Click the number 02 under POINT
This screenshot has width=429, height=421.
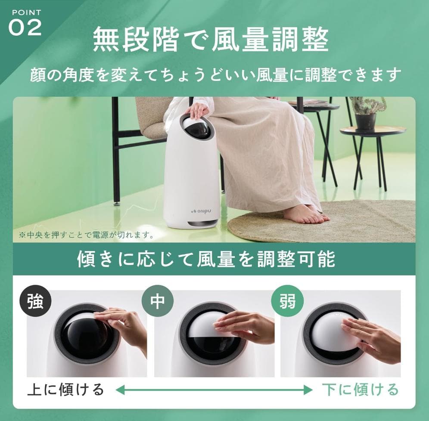tap(25, 27)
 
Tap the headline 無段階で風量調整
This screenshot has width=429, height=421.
tap(211, 40)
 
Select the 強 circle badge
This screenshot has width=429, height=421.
tap(36, 301)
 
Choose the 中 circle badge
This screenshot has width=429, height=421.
tap(157, 301)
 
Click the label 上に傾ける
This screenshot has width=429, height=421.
tap(65, 389)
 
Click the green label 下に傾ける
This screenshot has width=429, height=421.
tap(360, 389)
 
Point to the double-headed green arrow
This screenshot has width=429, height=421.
tap(214, 390)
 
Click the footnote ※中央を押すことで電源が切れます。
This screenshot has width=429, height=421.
tap(86, 235)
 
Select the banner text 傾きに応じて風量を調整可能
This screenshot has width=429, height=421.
tap(206, 259)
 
